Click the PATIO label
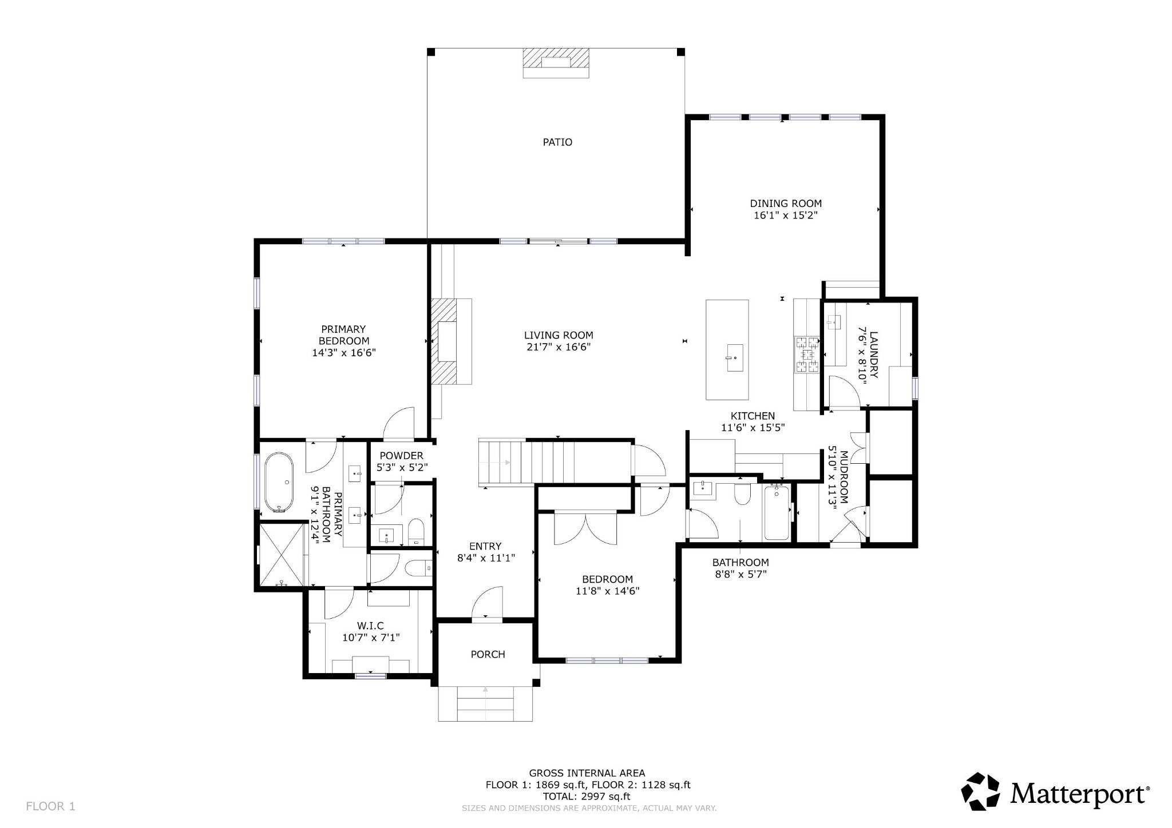[557, 142]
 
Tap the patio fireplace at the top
[556, 63]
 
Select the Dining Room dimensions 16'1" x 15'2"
[785, 216]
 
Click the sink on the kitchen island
[735, 357]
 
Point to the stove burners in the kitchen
[807, 355]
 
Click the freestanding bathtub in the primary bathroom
[279, 483]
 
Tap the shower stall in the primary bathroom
[282, 554]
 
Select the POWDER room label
[401, 456]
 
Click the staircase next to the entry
[526, 462]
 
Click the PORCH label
[488, 654]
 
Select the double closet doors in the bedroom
[585, 529]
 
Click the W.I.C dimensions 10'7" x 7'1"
[370, 638]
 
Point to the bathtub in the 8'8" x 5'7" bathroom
[777, 512]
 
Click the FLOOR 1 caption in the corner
[50, 806]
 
